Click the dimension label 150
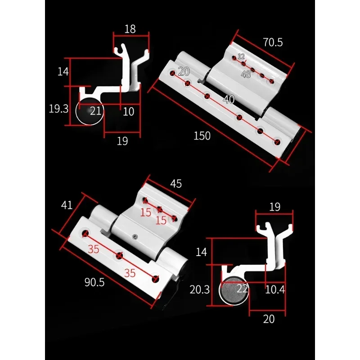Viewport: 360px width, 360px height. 202,135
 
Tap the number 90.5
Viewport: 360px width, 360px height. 94,282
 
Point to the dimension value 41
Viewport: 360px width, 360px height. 67,205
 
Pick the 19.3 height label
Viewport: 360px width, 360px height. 58,108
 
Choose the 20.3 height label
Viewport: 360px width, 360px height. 200,290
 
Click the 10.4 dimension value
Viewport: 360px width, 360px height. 274,290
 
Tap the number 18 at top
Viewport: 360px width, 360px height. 130,30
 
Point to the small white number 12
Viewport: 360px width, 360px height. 241,57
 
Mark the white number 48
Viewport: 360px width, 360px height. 246,75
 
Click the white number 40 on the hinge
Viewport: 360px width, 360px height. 229,99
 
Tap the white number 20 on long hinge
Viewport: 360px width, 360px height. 184,71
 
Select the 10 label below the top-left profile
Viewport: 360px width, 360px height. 129,112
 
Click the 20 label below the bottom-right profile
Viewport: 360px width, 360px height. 269,319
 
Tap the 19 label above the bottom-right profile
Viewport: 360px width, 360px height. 274,207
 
